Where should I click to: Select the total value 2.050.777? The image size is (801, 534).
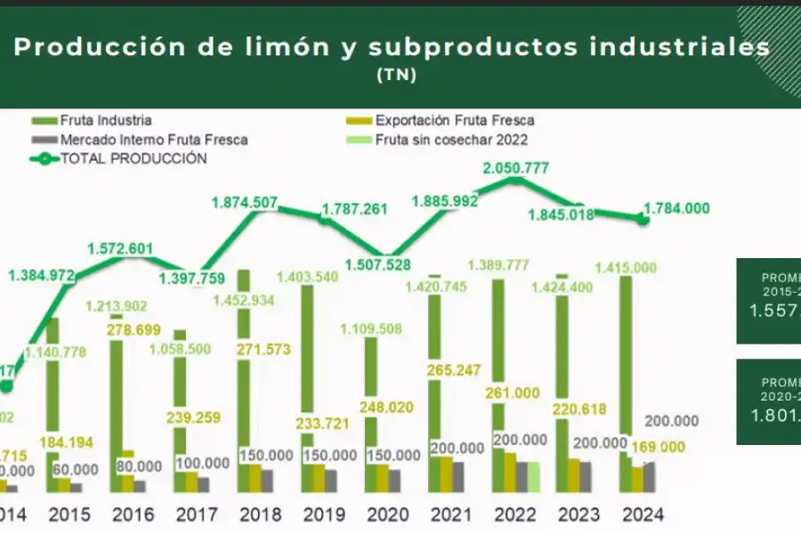(515, 167)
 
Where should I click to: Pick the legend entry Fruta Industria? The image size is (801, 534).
(106, 120)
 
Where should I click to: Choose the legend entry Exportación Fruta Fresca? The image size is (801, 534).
(454, 120)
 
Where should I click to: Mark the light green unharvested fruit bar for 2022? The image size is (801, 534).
(534, 476)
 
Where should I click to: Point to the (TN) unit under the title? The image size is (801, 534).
(397, 75)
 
